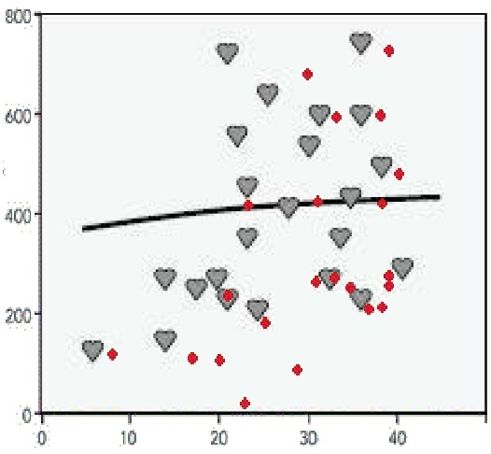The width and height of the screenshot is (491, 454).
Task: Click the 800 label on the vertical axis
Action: tap(18, 18)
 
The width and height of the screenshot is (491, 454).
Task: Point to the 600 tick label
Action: tap(18, 117)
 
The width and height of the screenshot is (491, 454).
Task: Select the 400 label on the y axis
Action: tap(18, 217)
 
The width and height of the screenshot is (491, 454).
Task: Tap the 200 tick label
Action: tap(18, 317)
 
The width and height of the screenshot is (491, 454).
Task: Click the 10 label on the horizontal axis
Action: tap(129, 438)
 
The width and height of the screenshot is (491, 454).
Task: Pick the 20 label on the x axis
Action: tap(218, 438)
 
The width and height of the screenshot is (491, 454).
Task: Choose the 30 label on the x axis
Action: tap(308, 438)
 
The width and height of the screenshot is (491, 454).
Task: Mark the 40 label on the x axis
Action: tap(398, 438)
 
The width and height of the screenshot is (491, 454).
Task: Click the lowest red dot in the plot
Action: tap(245, 404)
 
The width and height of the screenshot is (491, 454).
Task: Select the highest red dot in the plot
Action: tap(389, 50)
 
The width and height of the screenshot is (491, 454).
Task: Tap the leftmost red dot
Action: tap(112, 354)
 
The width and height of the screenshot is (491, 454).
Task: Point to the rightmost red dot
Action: tap(399, 174)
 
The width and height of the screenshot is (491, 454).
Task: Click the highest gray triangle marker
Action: tap(361, 43)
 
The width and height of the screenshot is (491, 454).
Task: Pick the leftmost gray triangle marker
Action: tap(92, 350)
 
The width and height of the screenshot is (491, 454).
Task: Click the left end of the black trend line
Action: tap(83, 229)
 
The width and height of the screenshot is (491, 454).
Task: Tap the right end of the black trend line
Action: tap(440, 197)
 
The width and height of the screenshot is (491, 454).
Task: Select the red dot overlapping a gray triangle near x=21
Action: tap(229, 295)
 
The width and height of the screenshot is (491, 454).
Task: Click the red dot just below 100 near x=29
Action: tap(298, 370)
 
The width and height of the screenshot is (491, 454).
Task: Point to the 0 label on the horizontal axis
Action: tap(42, 438)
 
